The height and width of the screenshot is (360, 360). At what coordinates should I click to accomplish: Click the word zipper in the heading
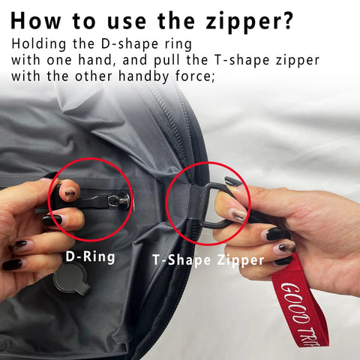250,22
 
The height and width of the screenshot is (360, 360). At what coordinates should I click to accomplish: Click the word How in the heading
35,20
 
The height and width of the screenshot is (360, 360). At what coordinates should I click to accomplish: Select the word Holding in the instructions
39,45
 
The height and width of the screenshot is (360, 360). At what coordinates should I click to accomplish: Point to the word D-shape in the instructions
130,45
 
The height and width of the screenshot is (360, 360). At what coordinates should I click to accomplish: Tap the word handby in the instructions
143,76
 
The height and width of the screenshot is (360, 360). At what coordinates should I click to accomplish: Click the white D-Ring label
90,256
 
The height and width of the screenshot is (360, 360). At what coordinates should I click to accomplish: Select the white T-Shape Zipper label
208,260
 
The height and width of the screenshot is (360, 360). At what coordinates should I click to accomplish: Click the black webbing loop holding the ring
196,203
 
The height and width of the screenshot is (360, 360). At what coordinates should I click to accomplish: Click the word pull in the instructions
166,61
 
